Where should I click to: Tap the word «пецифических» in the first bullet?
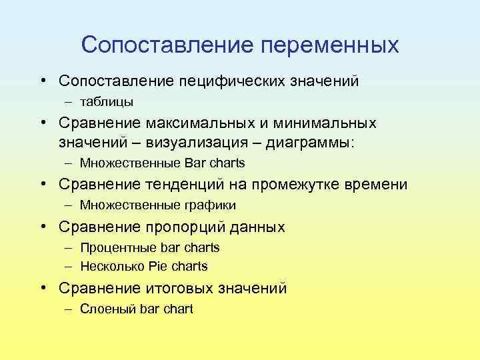[231, 81]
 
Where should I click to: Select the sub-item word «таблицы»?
[107, 102]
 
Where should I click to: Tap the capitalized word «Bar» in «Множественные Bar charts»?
[197, 163]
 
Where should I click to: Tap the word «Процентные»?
[119, 248]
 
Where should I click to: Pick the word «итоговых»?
[179, 288]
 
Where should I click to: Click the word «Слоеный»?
[108, 309]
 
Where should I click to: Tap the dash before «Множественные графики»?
[70, 205]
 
